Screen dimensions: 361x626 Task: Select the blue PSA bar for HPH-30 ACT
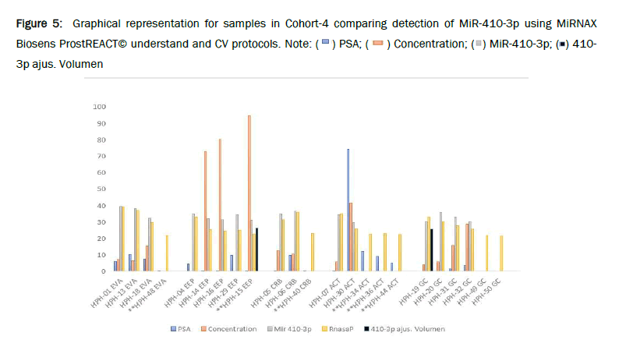348,211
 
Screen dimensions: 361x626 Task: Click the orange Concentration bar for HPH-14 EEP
205,211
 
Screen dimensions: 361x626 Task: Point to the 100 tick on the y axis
99,107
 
